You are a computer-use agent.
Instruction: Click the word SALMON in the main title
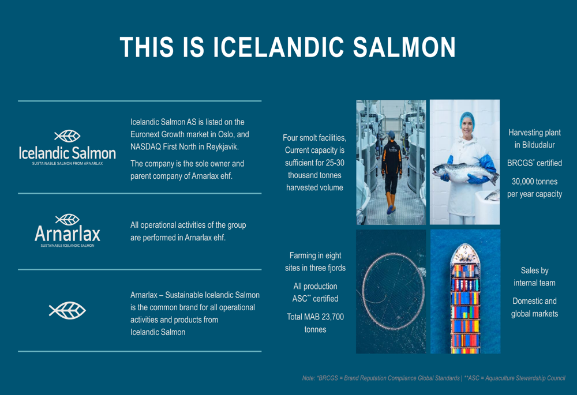[404, 47]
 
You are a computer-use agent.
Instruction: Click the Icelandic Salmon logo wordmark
[68, 153]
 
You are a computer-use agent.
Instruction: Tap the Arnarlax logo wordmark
[68, 234]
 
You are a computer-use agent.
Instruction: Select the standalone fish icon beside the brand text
[68, 310]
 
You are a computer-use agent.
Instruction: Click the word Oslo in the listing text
[226, 134]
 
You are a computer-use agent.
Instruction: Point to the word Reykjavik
[222, 146]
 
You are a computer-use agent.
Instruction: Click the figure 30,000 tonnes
[535, 181]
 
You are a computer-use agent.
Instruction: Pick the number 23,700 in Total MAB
[332, 317]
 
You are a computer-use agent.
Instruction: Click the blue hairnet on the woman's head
[467, 119]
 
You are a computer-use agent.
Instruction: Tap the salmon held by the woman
[466, 172]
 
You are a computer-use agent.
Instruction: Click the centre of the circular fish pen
[392, 291]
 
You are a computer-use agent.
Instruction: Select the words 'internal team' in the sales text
[535, 283]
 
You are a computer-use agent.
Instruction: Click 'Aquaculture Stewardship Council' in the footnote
[525, 378]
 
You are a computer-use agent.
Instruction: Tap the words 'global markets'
[535, 314]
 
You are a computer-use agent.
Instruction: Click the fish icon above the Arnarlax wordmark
[68, 220]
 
